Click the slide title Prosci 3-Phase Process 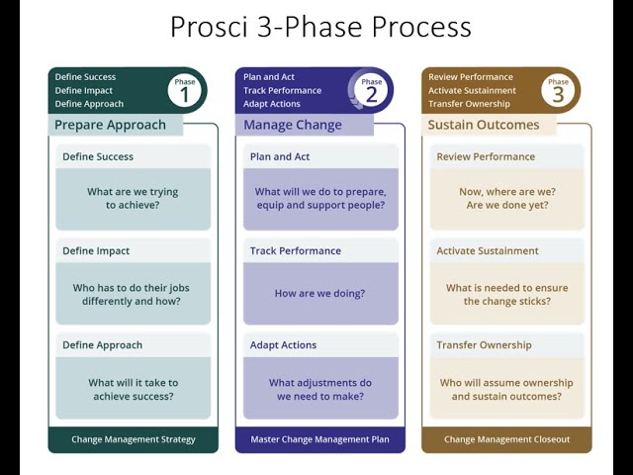(x=320, y=27)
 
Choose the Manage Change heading (x=293, y=126)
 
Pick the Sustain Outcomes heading (x=483, y=126)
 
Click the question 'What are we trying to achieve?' (x=133, y=198)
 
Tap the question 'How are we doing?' (x=319, y=293)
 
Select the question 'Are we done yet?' (x=506, y=205)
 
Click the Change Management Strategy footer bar (x=133, y=439)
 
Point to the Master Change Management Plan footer (x=319, y=439)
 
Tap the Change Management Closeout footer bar (x=506, y=439)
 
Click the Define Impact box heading (x=96, y=251)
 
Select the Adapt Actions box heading (x=283, y=345)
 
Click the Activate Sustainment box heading (x=488, y=251)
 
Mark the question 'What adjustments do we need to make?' (x=319, y=389)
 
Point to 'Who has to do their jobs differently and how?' (x=133, y=294)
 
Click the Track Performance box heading (x=295, y=251)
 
